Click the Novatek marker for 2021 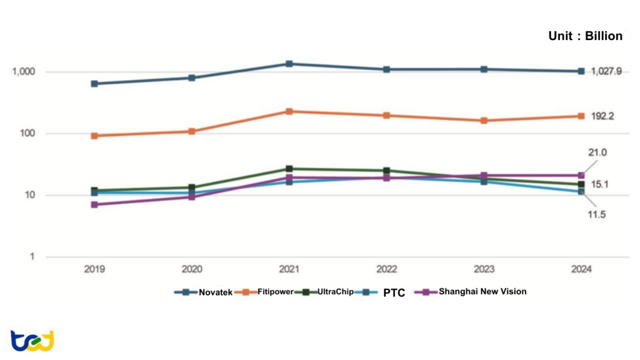(x=289, y=64)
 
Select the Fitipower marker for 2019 (x=94, y=136)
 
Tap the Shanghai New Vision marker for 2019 (x=94, y=204)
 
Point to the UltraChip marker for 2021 (x=289, y=169)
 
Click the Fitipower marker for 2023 (x=484, y=120)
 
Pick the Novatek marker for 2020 (x=192, y=78)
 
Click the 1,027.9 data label (x=606, y=72)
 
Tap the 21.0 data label (x=597, y=152)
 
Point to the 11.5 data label (x=597, y=214)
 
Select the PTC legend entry (x=394, y=292)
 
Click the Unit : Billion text (x=585, y=36)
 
